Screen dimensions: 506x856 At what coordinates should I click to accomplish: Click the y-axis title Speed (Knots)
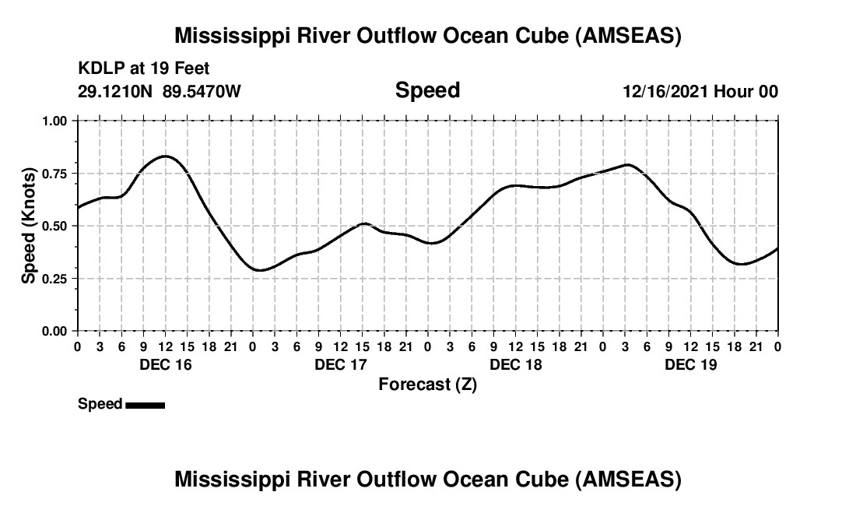(28, 225)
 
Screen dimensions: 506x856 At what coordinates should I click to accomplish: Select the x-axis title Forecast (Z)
(427, 384)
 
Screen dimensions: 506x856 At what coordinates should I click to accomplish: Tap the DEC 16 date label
(164, 364)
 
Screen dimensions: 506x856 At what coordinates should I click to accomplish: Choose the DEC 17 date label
(340, 364)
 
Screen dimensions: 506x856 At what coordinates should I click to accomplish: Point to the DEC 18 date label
(515, 364)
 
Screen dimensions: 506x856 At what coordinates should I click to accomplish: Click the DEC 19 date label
(690, 364)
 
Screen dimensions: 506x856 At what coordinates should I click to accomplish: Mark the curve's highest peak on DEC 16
(165, 156)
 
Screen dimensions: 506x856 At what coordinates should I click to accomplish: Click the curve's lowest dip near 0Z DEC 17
(260, 270)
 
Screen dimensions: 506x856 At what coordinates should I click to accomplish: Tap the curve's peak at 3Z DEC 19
(627, 164)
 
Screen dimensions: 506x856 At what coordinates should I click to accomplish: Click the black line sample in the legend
(145, 405)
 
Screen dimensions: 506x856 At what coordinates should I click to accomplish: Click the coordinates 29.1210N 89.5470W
(160, 91)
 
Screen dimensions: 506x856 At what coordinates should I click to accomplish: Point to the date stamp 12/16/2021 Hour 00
(700, 91)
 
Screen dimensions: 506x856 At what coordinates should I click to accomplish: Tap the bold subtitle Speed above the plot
(427, 90)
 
